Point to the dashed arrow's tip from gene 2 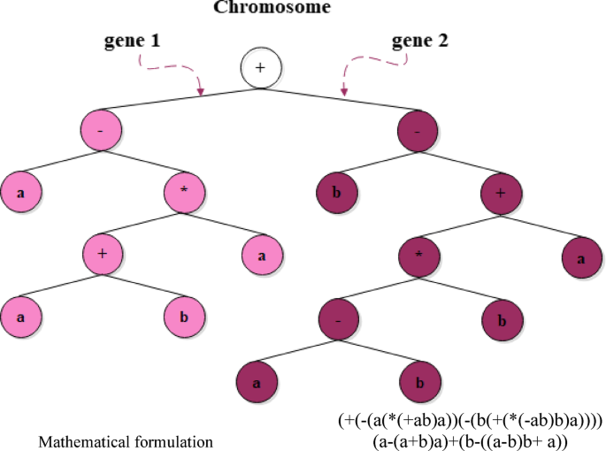344,94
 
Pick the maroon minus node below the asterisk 339,317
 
